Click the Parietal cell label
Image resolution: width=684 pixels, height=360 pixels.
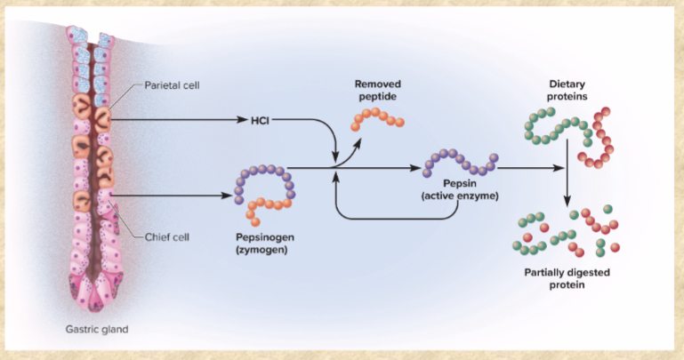[x=173, y=86]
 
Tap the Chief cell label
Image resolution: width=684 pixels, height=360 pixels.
[x=166, y=236]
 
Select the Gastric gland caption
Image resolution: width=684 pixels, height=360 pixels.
[x=97, y=329]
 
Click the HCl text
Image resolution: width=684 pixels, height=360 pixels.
[x=260, y=119]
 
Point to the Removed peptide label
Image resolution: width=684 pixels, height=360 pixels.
[x=376, y=88]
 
